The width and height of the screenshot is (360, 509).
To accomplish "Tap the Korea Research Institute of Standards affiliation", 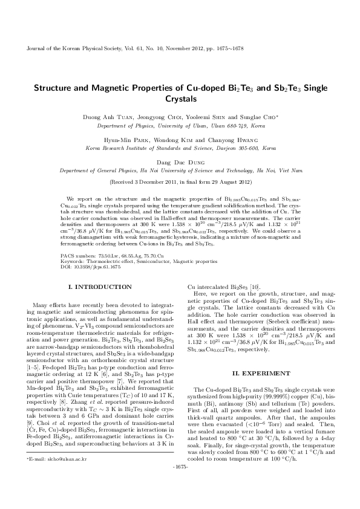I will point(180,148).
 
